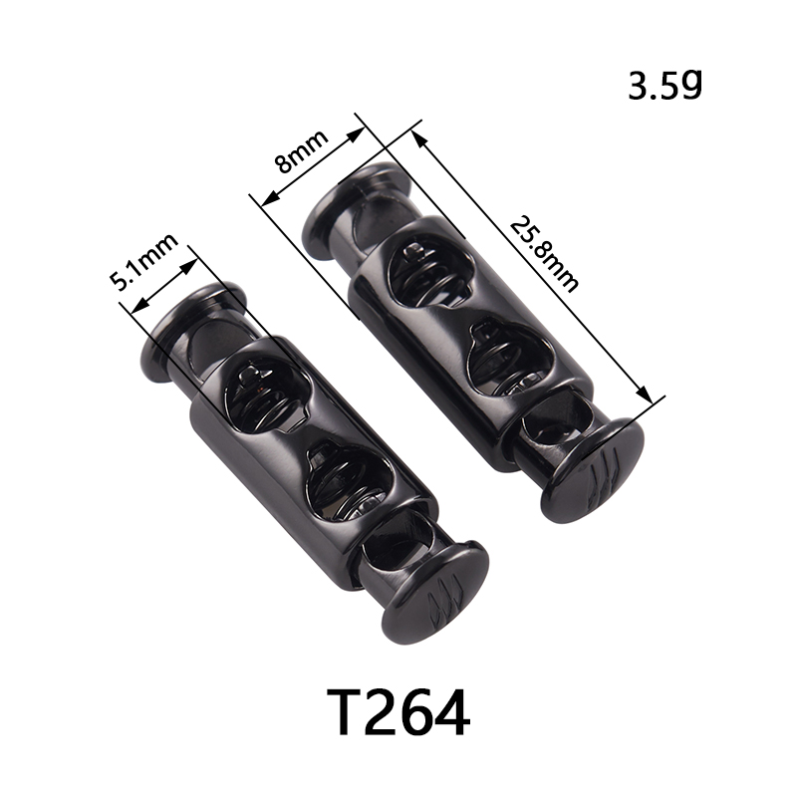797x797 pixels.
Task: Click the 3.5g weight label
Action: click(x=665, y=86)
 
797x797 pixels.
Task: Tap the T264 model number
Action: click(x=398, y=712)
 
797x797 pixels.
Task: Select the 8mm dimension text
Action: click(x=301, y=151)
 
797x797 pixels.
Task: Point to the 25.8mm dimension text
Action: click(x=544, y=254)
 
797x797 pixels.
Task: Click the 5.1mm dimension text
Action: click(x=144, y=262)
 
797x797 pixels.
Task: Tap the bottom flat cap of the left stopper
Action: click(x=435, y=593)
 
